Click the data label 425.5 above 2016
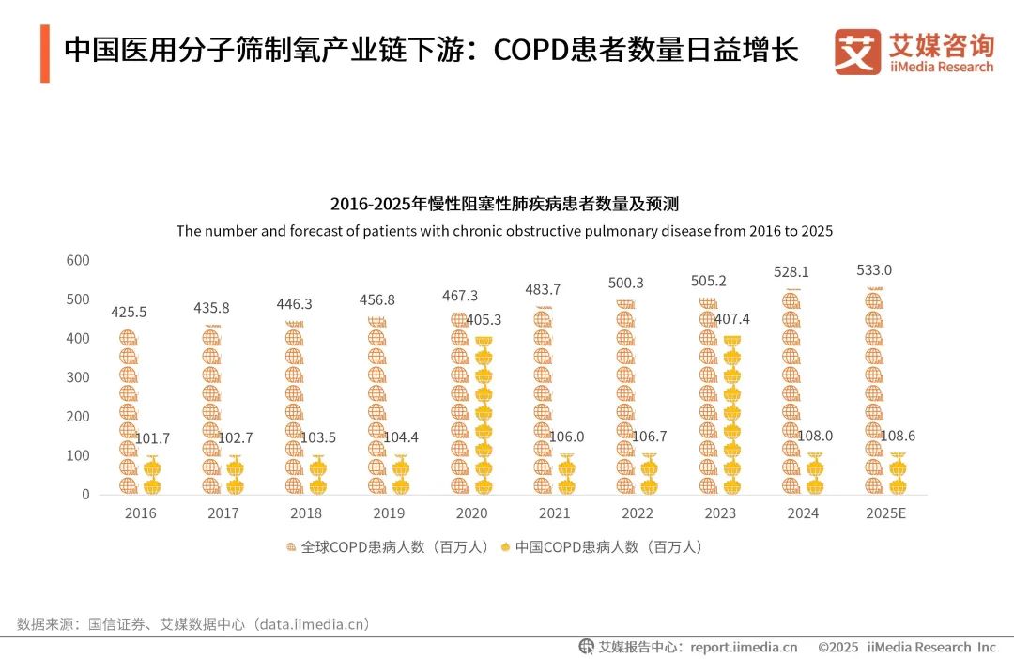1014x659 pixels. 129,312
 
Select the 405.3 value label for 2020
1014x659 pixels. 483,319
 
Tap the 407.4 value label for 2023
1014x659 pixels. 731,319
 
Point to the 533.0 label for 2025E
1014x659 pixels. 874,270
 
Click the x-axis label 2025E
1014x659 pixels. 884,513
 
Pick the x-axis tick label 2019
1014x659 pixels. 389,513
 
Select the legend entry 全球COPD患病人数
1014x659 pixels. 387,546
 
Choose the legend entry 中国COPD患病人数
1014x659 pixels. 601,546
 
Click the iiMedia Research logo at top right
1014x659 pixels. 914,53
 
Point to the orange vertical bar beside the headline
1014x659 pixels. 44,54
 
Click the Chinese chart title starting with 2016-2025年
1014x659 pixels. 504,204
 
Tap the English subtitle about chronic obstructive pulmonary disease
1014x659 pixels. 504,231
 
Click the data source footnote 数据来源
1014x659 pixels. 193,623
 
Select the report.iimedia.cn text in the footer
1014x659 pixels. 744,647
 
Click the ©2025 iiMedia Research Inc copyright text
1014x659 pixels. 906,647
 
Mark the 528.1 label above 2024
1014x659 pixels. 791,271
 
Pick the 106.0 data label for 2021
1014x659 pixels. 566,437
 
